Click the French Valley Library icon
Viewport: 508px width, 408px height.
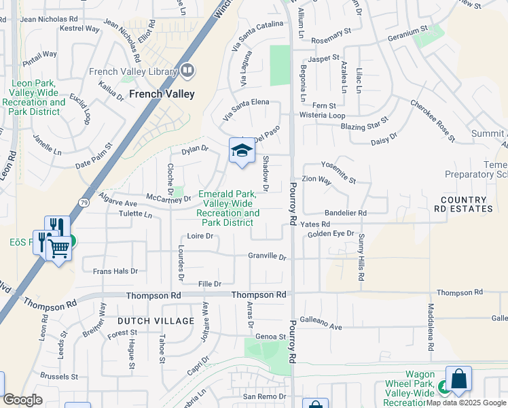point(187,70)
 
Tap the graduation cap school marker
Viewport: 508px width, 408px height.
point(241,151)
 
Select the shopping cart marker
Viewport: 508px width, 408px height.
point(59,249)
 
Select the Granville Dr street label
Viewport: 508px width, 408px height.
point(267,256)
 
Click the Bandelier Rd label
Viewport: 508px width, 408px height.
point(346,213)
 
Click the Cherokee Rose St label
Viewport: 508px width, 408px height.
point(432,116)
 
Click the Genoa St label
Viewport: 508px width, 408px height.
point(270,336)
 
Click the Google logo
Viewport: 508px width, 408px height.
point(22,399)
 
